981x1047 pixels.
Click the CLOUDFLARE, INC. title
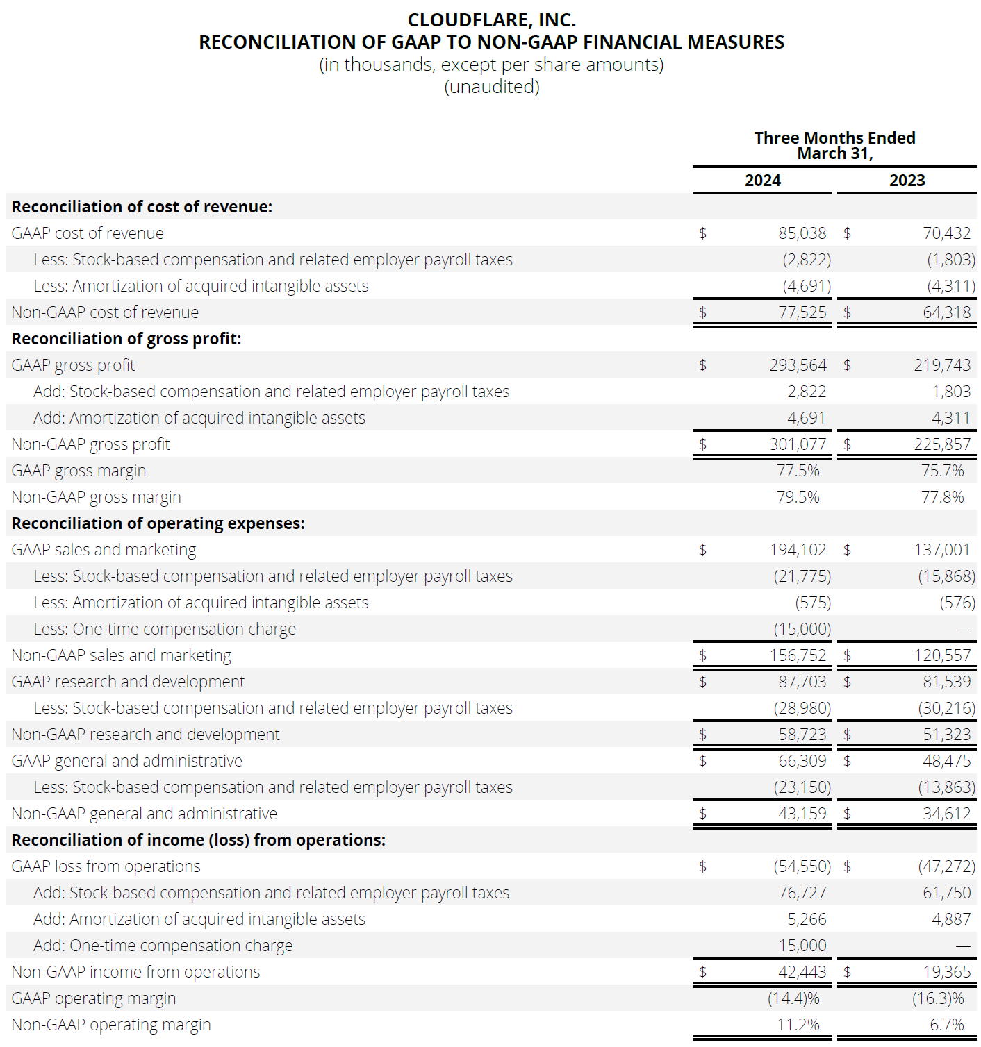point(491,20)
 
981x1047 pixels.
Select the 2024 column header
point(762,181)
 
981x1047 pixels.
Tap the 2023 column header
point(907,181)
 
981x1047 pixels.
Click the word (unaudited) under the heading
point(491,87)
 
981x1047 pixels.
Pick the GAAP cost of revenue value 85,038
point(802,233)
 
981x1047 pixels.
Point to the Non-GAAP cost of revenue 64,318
point(946,312)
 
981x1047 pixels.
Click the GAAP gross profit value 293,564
point(798,365)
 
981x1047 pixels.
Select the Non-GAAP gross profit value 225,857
point(942,444)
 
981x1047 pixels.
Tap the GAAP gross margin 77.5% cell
point(798,471)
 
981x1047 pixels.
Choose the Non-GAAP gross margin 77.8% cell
point(942,497)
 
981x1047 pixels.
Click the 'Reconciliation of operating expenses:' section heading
point(158,523)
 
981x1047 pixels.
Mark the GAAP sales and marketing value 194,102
point(798,550)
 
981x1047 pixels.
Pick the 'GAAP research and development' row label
point(128,682)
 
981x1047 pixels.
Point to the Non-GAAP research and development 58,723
point(802,735)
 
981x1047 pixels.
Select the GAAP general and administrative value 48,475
point(946,761)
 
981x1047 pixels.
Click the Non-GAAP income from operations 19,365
point(946,972)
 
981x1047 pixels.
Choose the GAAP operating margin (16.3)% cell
point(938,998)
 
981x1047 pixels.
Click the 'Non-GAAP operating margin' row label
point(111,1025)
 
